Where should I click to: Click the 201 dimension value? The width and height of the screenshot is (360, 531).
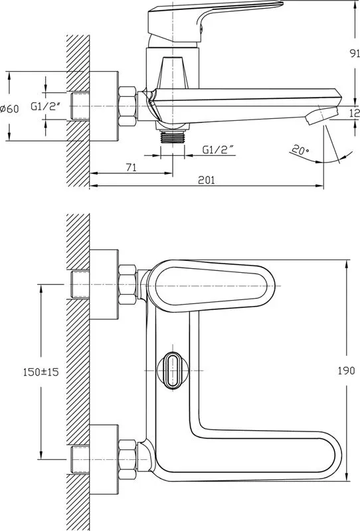pyautogui.click(x=207, y=179)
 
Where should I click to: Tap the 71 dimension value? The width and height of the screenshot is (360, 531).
pyautogui.click(x=132, y=167)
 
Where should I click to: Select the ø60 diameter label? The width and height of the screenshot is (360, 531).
pyautogui.click(x=9, y=109)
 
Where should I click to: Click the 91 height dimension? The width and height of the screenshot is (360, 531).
pyautogui.click(x=354, y=54)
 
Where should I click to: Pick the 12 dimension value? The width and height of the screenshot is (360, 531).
pyautogui.click(x=355, y=113)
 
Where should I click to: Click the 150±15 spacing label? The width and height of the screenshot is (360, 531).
pyautogui.click(x=41, y=372)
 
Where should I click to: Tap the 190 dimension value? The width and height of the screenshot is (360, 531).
pyautogui.click(x=347, y=370)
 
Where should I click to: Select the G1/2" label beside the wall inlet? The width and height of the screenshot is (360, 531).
pyautogui.click(x=46, y=107)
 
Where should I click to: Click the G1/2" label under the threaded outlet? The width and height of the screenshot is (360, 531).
pyautogui.click(x=219, y=149)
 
